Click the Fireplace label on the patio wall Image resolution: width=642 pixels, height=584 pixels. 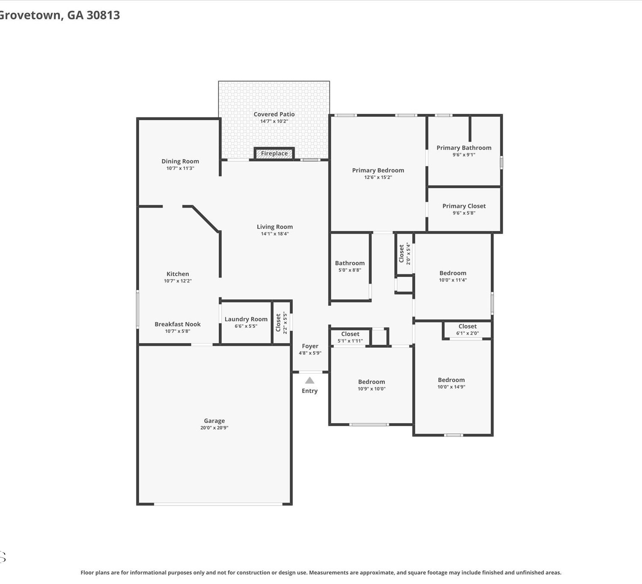pos(274,153)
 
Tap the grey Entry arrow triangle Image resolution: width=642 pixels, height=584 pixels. pos(309,380)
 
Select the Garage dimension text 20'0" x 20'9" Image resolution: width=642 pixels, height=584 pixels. pos(214,427)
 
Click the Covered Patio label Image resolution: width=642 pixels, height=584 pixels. pos(274,114)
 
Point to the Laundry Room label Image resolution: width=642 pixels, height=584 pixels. pos(246,319)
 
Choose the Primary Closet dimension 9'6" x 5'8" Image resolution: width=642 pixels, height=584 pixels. pos(464,213)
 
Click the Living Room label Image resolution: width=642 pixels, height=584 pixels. pos(275,227)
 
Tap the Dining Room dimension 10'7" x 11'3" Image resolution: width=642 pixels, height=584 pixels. pos(180,168)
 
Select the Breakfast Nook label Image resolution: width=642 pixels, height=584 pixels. pos(178,324)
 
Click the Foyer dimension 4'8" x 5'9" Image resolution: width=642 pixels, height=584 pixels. pos(310,353)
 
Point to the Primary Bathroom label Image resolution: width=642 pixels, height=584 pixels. pos(464,148)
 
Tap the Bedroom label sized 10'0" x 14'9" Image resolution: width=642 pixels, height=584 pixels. pos(451,380)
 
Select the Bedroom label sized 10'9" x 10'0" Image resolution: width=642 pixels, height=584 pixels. pos(371,382)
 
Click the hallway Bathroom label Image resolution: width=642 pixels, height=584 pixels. pos(350,263)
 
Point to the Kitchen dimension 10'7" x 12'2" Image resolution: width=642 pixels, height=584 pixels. pos(178,281)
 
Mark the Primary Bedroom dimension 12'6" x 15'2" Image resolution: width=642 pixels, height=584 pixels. pos(378,177)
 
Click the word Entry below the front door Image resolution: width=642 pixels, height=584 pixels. pos(309,391)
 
